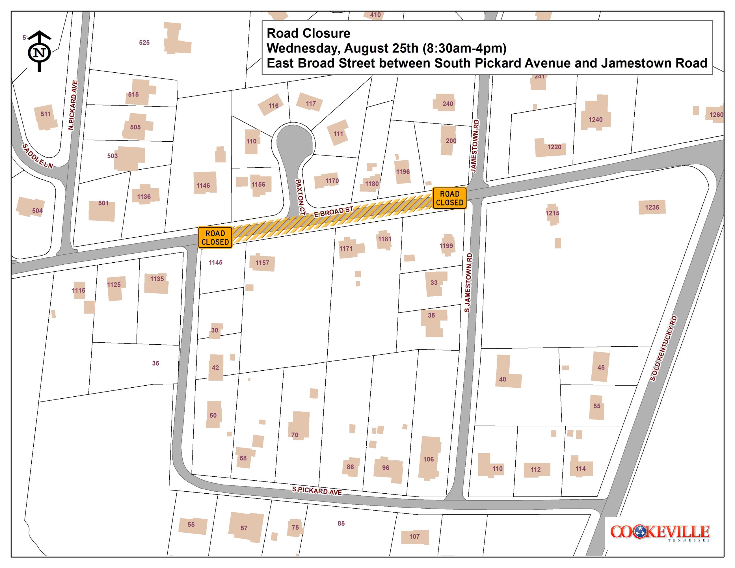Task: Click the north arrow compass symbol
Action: point(39,51)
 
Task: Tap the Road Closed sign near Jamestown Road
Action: point(449,198)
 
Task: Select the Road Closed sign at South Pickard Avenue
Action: point(215,237)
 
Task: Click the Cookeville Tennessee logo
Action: point(660,533)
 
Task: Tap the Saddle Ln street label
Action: point(37,156)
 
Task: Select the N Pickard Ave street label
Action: point(73,105)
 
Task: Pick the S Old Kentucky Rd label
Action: point(663,348)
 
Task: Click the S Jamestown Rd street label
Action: point(468,283)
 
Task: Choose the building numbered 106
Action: point(429,458)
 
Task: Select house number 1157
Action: point(262,263)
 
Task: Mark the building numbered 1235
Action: point(652,207)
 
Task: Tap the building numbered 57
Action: point(246,527)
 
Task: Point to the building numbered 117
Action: point(310,101)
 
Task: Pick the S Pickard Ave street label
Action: point(317,491)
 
